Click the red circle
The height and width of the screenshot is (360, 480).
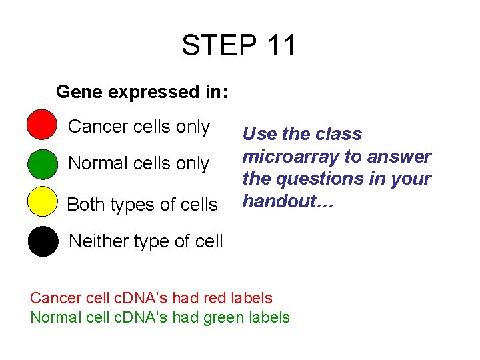coord(42,125)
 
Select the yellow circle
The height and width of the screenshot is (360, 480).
coord(42,203)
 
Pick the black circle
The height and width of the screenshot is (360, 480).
coord(43,241)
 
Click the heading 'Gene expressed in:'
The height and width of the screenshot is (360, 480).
coord(142,92)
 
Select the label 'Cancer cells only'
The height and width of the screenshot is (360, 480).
coord(139,127)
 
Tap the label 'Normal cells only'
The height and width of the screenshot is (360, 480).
coord(139,163)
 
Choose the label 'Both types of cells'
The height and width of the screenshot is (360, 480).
coord(142,205)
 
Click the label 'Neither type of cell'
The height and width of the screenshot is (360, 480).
coord(146,241)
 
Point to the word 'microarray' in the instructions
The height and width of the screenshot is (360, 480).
coord(289,157)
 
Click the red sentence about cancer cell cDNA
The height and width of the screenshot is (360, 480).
coord(151,298)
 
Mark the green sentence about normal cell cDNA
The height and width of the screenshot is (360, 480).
coord(160,317)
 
